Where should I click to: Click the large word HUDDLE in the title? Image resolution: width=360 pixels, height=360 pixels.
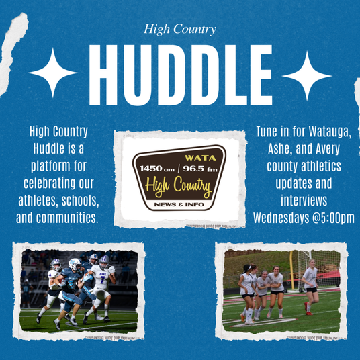[181, 75]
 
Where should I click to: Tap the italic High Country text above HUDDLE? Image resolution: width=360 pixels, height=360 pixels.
[180, 30]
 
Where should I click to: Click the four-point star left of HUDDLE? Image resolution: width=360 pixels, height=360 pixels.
[53, 73]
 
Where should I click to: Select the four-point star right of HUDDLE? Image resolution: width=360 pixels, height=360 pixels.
[307, 76]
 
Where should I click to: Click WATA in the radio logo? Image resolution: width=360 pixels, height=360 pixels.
[200, 158]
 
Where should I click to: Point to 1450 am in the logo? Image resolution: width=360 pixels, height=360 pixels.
[157, 169]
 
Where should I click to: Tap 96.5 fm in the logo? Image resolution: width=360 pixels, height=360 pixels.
[200, 169]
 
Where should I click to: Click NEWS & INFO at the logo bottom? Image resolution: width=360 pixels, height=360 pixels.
[179, 204]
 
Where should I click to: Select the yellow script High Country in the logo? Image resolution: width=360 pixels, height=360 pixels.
[178, 187]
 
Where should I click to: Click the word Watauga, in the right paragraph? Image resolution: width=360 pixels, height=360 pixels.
[330, 132]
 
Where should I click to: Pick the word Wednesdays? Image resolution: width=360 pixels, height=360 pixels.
[281, 218]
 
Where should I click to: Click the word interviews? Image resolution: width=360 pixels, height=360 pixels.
[304, 200]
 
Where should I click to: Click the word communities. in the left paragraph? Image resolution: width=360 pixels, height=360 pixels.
[67, 218]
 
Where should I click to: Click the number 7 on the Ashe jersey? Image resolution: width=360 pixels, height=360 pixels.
[102, 279]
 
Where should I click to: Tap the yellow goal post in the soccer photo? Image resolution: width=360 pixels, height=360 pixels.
[291, 270]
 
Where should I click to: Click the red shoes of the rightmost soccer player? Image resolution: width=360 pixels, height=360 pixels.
[308, 309]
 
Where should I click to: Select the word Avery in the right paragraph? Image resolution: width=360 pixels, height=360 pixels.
[328, 149]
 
